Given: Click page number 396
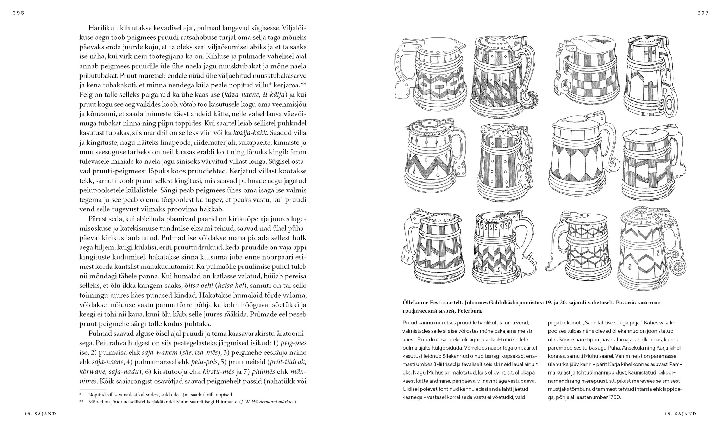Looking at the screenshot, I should point(18,13).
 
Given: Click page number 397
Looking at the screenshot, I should point(703,13).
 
